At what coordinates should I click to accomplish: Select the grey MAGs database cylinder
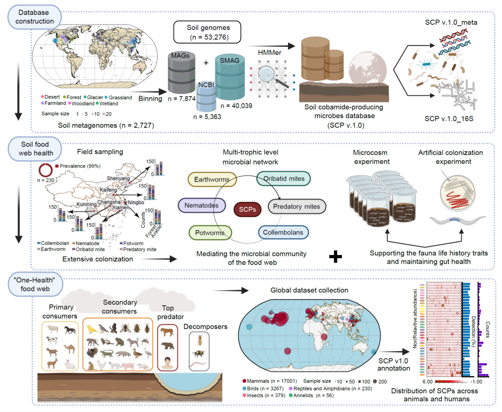[x=181, y=73]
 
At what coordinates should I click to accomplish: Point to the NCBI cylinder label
[x=206, y=85]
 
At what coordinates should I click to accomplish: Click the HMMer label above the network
[x=269, y=53]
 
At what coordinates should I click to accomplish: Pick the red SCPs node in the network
[x=247, y=209]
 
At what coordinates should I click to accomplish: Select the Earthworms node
[x=212, y=179]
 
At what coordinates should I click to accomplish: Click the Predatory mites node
[x=297, y=206]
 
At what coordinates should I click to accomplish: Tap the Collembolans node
[x=283, y=232]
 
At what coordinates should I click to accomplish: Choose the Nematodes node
[x=201, y=205]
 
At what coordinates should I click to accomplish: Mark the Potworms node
[x=210, y=233]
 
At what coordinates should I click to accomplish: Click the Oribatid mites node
[x=284, y=178]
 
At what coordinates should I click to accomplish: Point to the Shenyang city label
[x=118, y=178]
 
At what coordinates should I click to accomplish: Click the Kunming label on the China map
[x=86, y=204]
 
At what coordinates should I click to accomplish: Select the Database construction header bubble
[x=34, y=17]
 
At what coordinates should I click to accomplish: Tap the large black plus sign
[x=335, y=257]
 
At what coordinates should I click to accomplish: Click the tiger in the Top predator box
[x=167, y=332]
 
